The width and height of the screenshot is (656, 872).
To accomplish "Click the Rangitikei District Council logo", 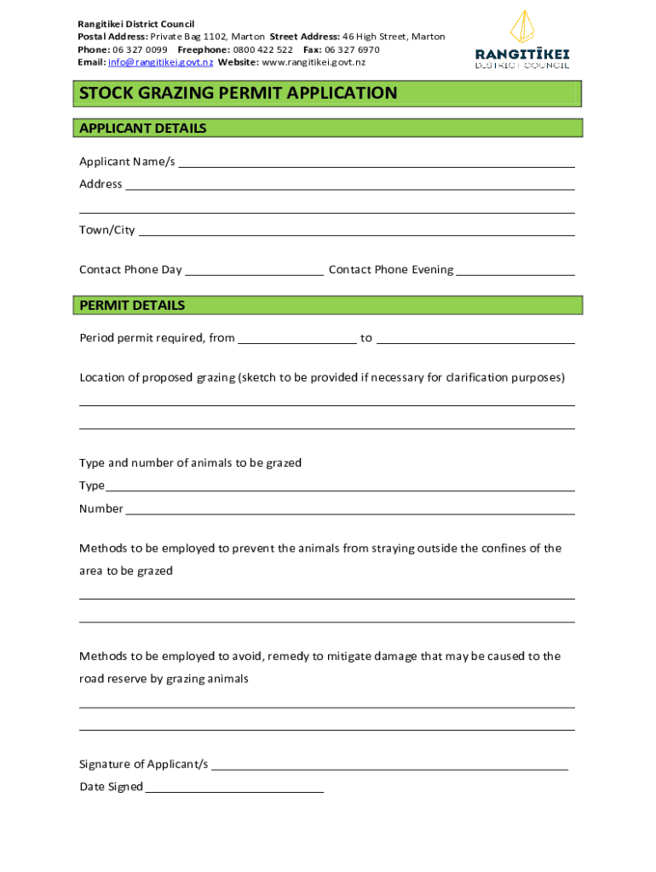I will pyautogui.click(x=522, y=39).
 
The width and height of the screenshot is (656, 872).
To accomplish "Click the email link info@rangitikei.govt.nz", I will pyautogui.click(x=161, y=62).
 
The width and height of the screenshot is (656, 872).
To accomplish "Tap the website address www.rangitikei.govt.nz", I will pyautogui.click(x=314, y=62).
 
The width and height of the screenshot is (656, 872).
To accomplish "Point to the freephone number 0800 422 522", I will pyautogui.click(x=264, y=49).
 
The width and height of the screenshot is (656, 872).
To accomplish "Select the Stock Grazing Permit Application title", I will pyautogui.click(x=239, y=93).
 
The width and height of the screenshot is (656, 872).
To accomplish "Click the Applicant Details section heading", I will pyautogui.click(x=143, y=129).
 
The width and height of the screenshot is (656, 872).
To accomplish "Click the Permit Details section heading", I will pyautogui.click(x=132, y=305).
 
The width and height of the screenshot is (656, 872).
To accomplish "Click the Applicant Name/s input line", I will pyautogui.click(x=376, y=163).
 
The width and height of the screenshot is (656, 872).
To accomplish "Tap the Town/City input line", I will pyautogui.click(x=356, y=231).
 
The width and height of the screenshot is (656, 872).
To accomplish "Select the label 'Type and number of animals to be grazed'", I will pyautogui.click(x=190, y=463).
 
